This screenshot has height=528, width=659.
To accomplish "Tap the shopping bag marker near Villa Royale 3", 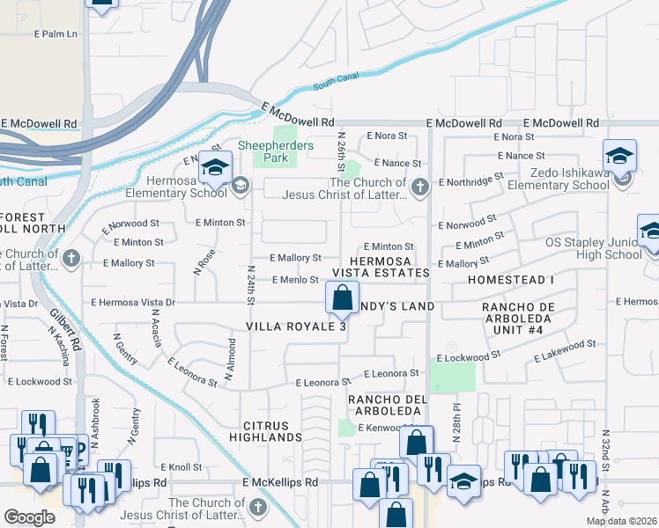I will click(x=342, y=297).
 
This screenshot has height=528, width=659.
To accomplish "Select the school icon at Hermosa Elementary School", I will click(x=215, y=165).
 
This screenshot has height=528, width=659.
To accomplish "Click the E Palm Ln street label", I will click(x=56, y=34).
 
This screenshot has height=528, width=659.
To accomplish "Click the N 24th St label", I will click(x=250, y=285).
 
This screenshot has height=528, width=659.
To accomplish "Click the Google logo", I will click(x=29, y=517).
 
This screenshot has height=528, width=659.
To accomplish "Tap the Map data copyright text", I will click(x=621, y=521).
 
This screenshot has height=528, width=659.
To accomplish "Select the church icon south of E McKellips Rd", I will click(x=257, y=507).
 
